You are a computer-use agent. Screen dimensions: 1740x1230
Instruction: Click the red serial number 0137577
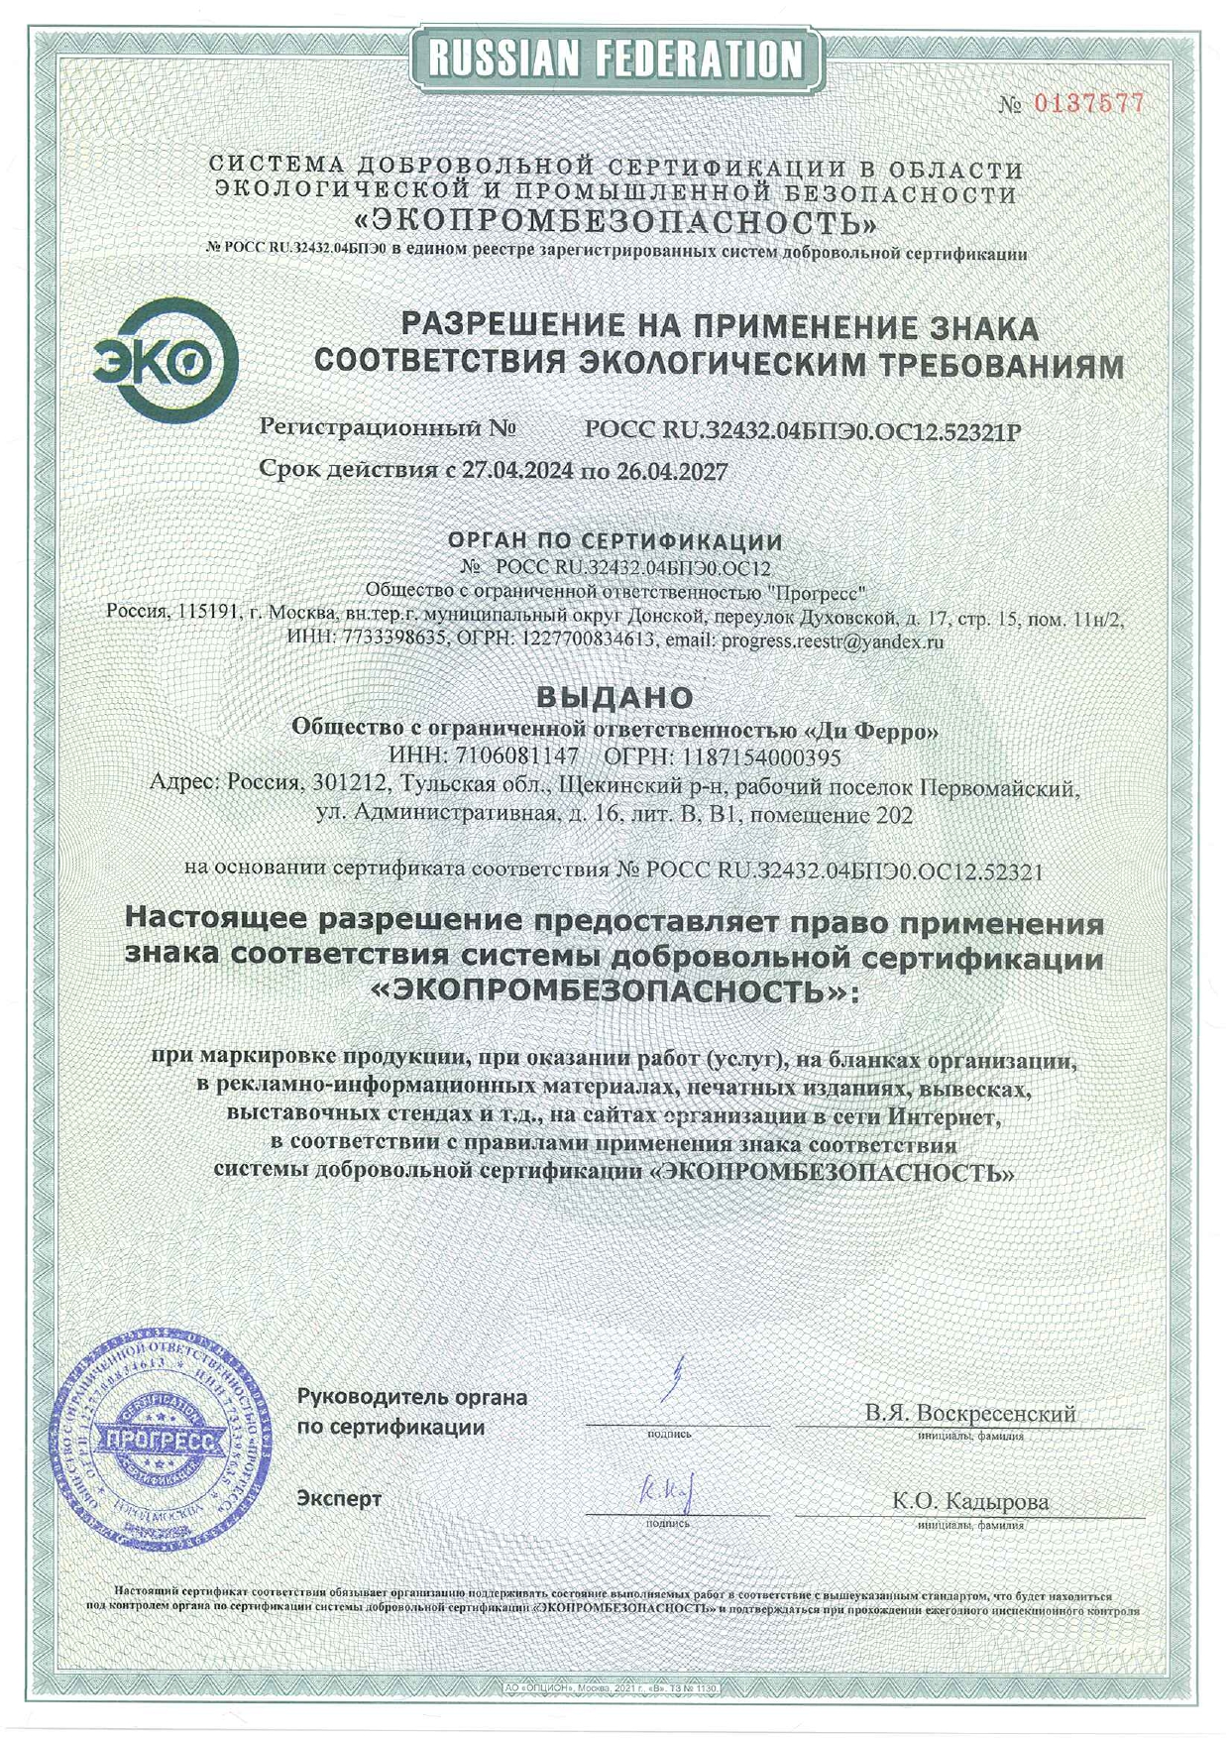click(1089, 102)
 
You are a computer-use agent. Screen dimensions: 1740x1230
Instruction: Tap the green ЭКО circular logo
click(165, 362)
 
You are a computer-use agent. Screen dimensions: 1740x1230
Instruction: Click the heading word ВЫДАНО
click(615, 697)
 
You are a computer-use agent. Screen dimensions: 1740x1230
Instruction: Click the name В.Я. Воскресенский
click(969, 1413)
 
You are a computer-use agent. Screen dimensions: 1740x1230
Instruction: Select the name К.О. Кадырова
click(969, 1501)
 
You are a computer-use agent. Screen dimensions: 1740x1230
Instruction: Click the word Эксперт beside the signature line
click(339, 1498)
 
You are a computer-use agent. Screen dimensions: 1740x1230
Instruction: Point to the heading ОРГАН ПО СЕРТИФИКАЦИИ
click(615, 541)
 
